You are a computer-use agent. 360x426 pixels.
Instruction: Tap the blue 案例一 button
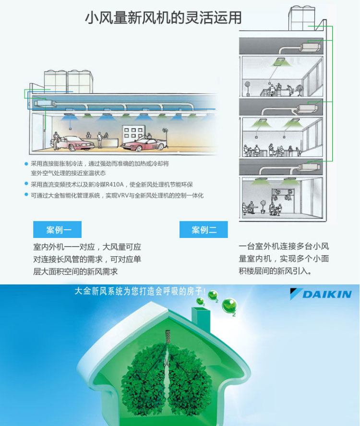[x=57, y=230]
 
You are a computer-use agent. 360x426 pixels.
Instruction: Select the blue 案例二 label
[x=204, y=230]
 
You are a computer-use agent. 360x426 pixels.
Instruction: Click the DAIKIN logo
[x=321, y=294]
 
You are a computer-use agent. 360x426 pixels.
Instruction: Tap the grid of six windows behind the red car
[x=132, y=131]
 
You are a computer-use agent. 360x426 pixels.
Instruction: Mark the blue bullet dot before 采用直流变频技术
[x=26, y=184]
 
